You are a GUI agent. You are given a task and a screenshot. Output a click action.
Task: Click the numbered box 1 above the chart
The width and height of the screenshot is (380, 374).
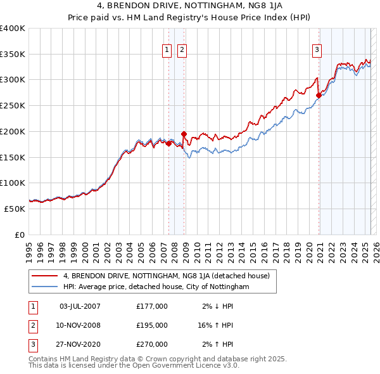pos(167,50)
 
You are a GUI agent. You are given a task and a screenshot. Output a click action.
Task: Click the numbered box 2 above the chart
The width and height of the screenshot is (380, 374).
pos(182,50)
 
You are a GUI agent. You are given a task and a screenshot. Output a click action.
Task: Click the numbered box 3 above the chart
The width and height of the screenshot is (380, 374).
pos(316,50)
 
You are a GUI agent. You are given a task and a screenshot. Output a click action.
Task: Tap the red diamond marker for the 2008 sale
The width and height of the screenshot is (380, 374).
pos(184,134)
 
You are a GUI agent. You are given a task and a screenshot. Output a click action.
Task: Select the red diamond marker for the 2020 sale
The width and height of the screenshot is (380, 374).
pos(319,96)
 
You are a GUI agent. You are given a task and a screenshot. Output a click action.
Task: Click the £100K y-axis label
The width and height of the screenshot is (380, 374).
pos(13,183)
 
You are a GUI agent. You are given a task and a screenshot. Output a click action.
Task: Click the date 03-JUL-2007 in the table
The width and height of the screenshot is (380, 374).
pos(80,306)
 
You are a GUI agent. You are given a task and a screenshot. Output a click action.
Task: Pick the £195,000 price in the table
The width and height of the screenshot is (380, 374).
pos(152,325)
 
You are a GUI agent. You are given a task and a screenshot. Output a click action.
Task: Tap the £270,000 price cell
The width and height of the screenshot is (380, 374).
pos(152,345)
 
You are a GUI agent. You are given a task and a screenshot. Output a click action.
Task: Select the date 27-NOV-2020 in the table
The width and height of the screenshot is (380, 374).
pos(80,345)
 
